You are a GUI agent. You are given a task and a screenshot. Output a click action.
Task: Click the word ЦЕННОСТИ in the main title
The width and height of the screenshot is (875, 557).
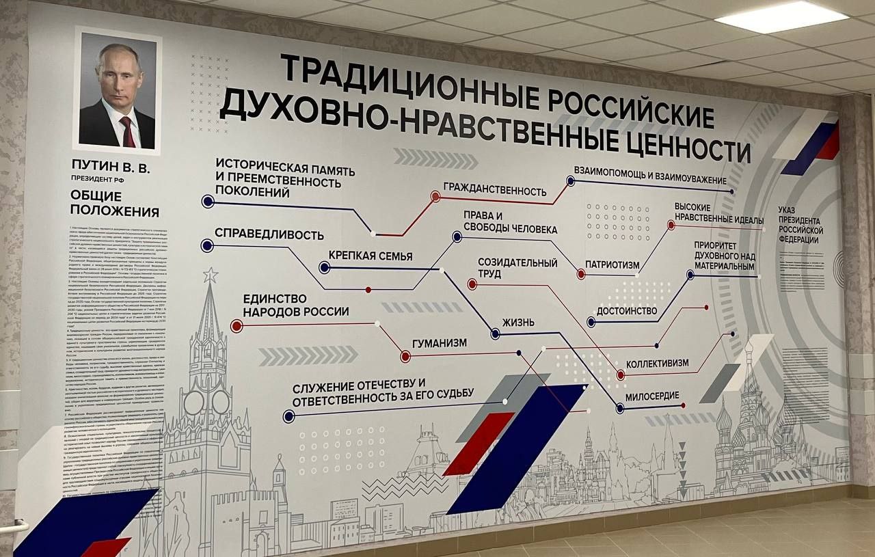click(x=684, y=145)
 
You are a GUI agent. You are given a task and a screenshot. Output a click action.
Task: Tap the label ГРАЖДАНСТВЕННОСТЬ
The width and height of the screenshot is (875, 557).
click(x=495, y=190)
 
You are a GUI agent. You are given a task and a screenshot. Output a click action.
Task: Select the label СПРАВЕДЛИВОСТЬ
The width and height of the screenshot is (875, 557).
click(x=269, y=234)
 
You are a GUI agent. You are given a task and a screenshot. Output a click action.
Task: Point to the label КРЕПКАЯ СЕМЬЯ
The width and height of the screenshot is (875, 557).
click(x=371, y=256)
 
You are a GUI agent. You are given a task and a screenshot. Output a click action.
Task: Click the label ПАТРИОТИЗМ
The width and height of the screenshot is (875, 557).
click(x=612, y=265)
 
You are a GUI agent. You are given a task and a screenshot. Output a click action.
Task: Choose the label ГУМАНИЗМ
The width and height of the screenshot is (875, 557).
click(x=440, y=343)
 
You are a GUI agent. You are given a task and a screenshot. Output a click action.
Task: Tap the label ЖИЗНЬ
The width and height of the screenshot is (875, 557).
click(x=518, y=323)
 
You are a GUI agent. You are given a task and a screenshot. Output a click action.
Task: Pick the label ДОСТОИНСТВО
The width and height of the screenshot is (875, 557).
click(x=627, y=311)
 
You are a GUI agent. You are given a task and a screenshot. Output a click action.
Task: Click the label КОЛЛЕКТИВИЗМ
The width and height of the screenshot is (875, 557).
click(x=657, y=364)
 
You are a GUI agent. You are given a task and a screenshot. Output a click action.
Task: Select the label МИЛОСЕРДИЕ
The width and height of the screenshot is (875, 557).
click(x=651, y=396)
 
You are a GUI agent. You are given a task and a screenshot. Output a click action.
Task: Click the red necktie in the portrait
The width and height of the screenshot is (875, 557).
click(x=128, y=131)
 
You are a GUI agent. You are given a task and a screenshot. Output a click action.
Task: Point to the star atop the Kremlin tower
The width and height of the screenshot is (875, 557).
click(x=210, y=275)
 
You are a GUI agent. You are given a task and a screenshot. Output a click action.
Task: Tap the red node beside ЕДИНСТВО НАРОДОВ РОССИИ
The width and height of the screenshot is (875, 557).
click(x=237, y=326)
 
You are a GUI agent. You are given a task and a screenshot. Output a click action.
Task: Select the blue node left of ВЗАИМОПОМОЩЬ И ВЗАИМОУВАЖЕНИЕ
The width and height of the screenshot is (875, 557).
click(x=570, y=181)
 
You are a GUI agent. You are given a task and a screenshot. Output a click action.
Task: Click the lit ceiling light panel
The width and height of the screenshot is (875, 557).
click(x=781, y=16)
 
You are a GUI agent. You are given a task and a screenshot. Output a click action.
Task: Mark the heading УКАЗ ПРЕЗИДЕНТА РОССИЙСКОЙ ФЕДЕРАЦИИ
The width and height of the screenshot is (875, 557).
click(x=800, y=225)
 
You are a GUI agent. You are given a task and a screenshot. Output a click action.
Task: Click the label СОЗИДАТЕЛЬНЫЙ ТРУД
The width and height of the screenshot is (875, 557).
click(x=517, y=268)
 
